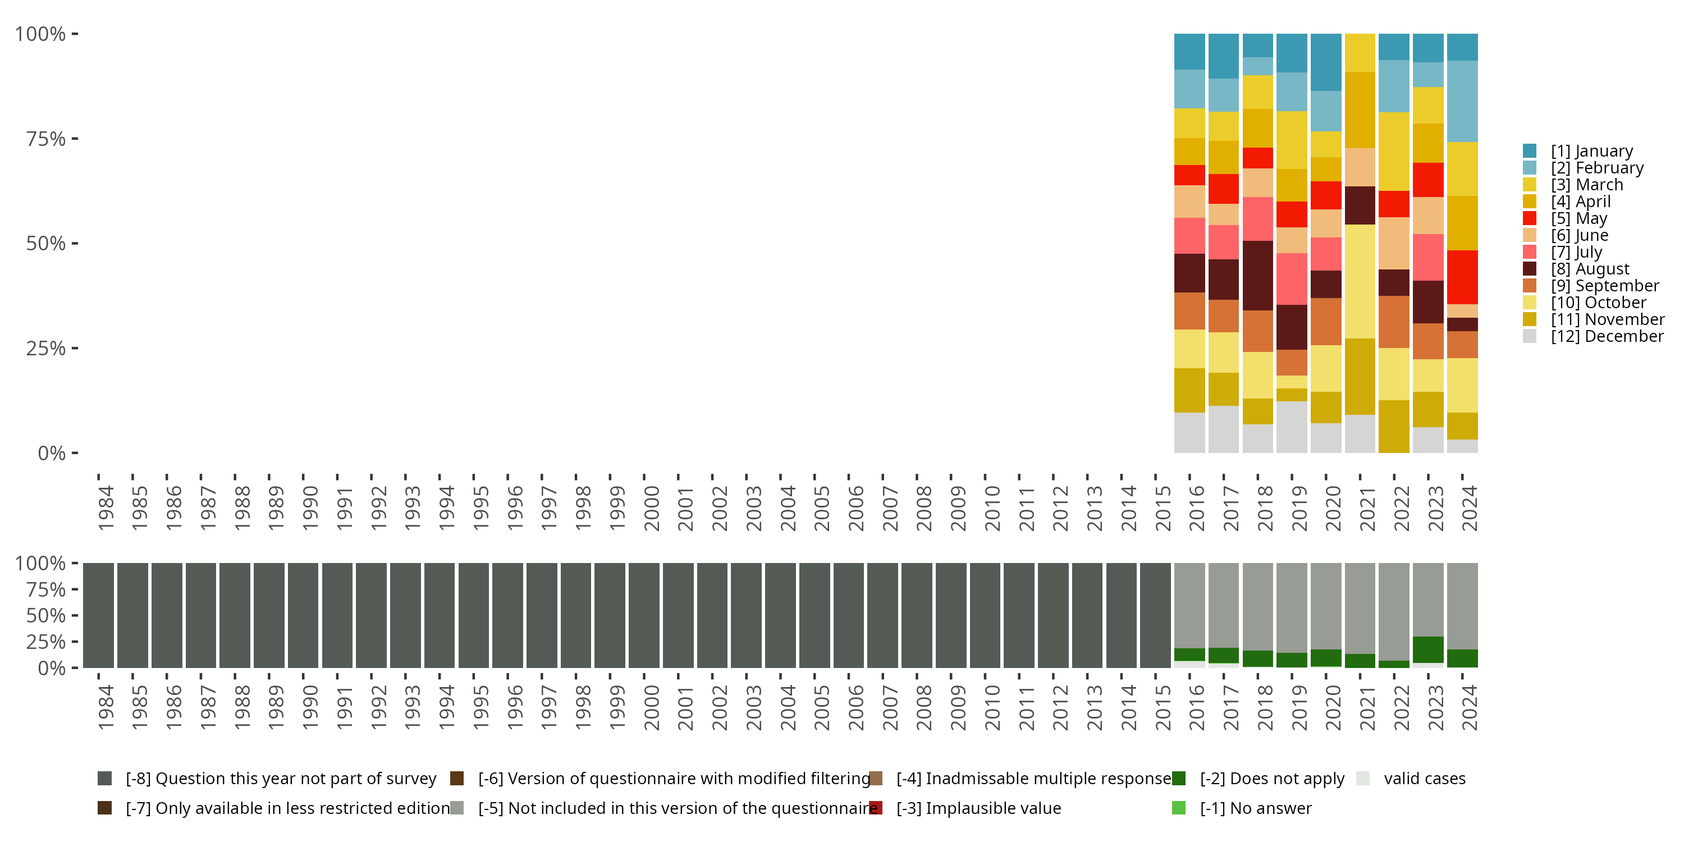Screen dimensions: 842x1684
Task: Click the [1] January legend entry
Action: point(1591,151)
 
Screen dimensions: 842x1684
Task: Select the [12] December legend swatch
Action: point(1530,336)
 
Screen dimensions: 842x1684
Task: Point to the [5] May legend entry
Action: point(1578,218)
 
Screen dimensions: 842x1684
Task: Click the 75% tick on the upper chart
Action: point(46,139)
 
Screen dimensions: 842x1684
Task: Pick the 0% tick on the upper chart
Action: point(52,453)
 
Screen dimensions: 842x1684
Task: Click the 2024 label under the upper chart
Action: point(1468,508)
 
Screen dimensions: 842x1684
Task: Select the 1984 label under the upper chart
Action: point(106,508)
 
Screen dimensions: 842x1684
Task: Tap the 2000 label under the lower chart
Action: point(651,707)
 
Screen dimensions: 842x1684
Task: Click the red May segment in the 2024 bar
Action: point(1462,277)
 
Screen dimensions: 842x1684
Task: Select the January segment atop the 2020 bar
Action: point(1326,62)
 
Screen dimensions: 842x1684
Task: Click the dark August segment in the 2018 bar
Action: point(1258,275)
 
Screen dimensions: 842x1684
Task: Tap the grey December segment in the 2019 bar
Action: point(1292,427)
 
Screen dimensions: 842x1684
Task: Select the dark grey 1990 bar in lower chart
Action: point(303,615)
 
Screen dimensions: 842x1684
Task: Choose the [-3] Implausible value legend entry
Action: point(978,808)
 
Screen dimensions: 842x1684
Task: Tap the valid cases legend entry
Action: point(1424,779)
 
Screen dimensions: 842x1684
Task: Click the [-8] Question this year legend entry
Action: point(280,779)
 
